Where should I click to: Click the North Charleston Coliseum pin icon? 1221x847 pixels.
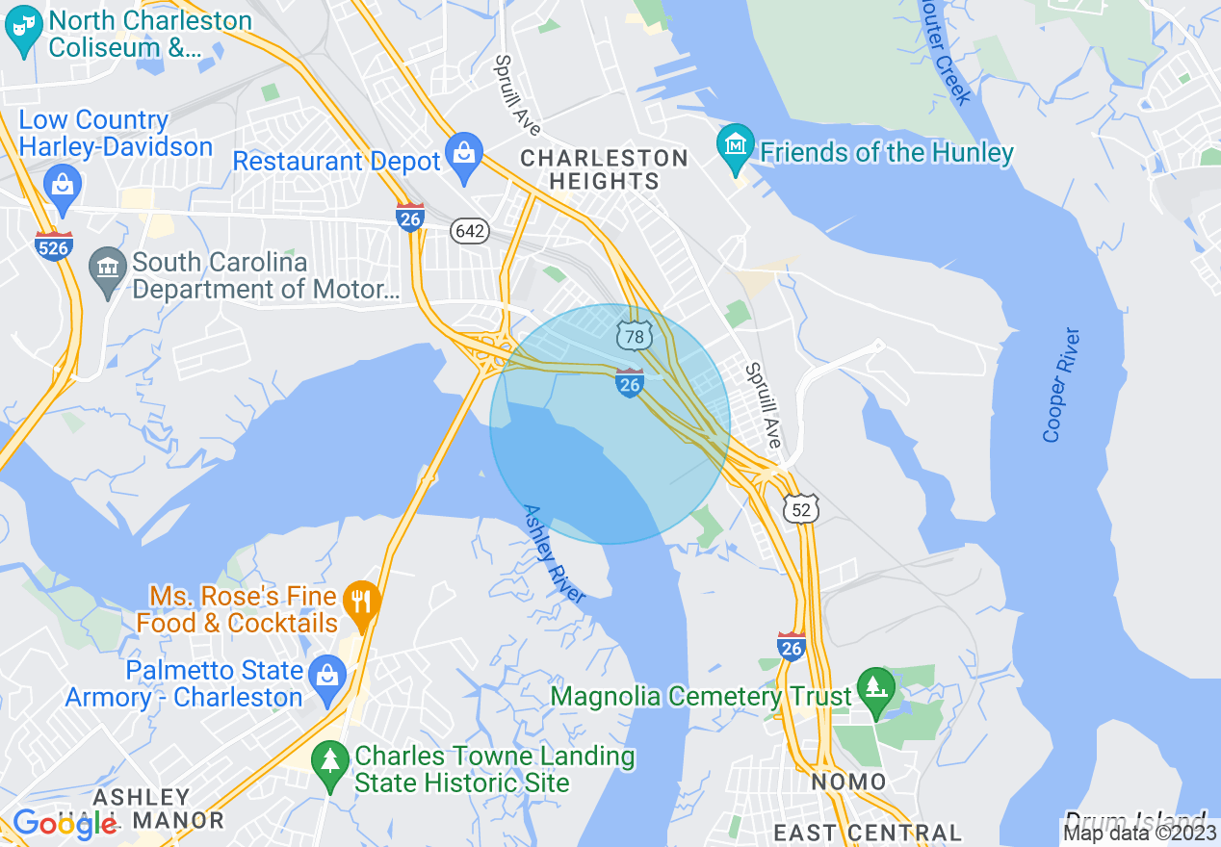point(24,30)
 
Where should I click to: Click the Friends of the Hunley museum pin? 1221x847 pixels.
point(736,147)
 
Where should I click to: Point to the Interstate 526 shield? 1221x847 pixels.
point(54,245)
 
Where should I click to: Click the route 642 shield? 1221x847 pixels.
point(470,231)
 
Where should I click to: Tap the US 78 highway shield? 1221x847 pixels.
point(635,335)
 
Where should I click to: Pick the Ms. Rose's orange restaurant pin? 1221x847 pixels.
point(362,603)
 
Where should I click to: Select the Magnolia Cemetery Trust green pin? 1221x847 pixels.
point(875,691)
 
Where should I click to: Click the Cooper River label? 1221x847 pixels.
point(1061,386)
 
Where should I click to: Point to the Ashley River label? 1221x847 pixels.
point(554,553)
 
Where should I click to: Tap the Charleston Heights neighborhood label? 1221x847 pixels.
point(605,169)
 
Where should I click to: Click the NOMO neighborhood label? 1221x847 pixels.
point(847,782)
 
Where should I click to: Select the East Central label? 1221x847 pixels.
point(868,833)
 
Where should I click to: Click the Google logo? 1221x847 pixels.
point(65,824)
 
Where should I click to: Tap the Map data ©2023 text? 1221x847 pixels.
point(1140,834)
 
